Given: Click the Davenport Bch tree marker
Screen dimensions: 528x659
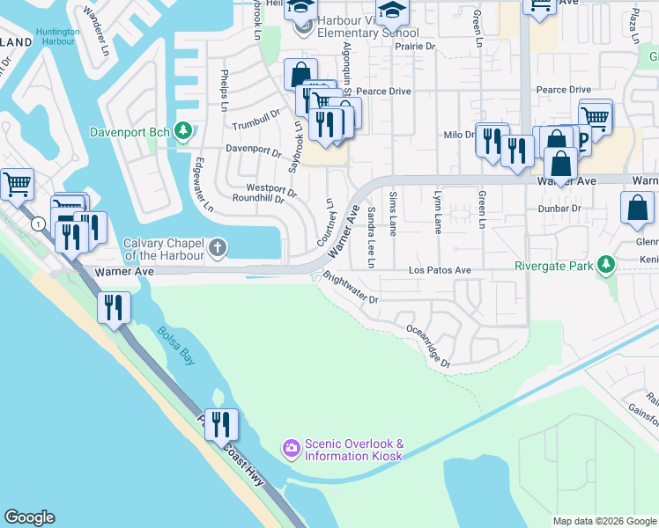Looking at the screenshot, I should click(x=183, y=132).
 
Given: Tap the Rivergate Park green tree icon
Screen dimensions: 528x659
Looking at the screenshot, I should click(x=605, y=264).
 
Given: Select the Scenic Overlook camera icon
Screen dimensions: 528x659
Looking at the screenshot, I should click(x=291, y=450).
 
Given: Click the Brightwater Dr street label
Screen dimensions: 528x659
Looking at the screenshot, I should click(x=350, y=288).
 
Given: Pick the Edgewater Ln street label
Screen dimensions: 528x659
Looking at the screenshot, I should click(x=204, y=186).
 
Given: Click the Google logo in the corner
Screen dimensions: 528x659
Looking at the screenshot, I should click(x=29, y=517).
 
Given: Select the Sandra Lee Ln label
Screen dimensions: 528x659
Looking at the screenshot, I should click(x=372, y=237).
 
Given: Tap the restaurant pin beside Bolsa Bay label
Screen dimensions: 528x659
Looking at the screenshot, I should click(x=115, y=308).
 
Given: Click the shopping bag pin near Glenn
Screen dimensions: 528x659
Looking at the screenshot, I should click(x=637, y=209).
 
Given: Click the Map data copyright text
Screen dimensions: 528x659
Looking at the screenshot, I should click(x=604, y=521).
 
